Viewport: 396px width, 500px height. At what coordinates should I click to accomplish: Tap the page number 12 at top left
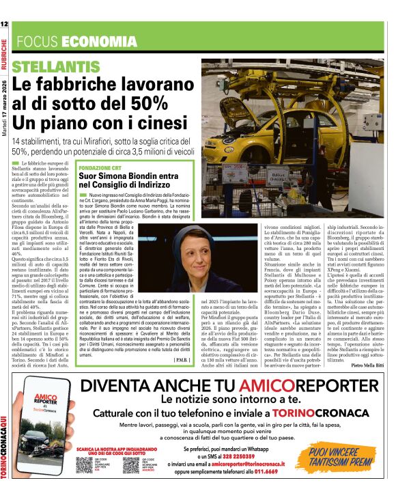point(5,24)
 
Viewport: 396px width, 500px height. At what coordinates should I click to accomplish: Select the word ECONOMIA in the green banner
point(99,42)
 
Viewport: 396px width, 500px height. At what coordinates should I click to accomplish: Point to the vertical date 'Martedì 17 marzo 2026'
point(5,110)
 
